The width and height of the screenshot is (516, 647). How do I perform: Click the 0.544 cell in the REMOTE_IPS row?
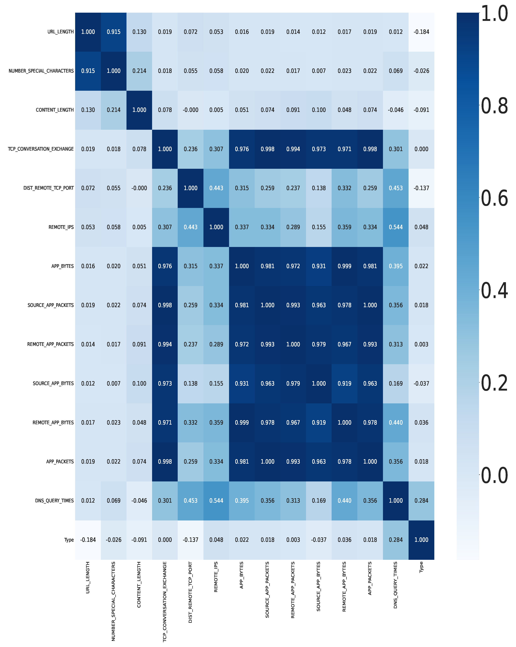[x=396, y=227]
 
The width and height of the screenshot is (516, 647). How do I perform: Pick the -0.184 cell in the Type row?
[x=88, y=540]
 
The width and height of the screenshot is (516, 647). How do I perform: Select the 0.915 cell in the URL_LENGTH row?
[x=114, y=32]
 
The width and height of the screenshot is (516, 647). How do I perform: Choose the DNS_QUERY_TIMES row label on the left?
[x=54, y=500]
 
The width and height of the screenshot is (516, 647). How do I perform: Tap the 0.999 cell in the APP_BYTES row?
[x=344, y=266]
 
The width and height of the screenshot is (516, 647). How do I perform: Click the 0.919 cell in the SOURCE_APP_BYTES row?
[x=344, y=384]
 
